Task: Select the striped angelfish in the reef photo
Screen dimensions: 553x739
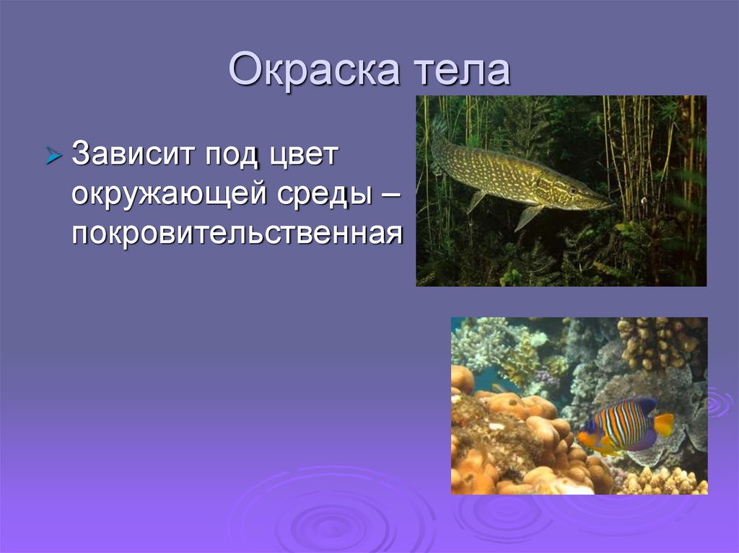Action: point(621,427)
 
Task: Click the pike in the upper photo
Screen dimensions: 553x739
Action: point(520,177)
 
